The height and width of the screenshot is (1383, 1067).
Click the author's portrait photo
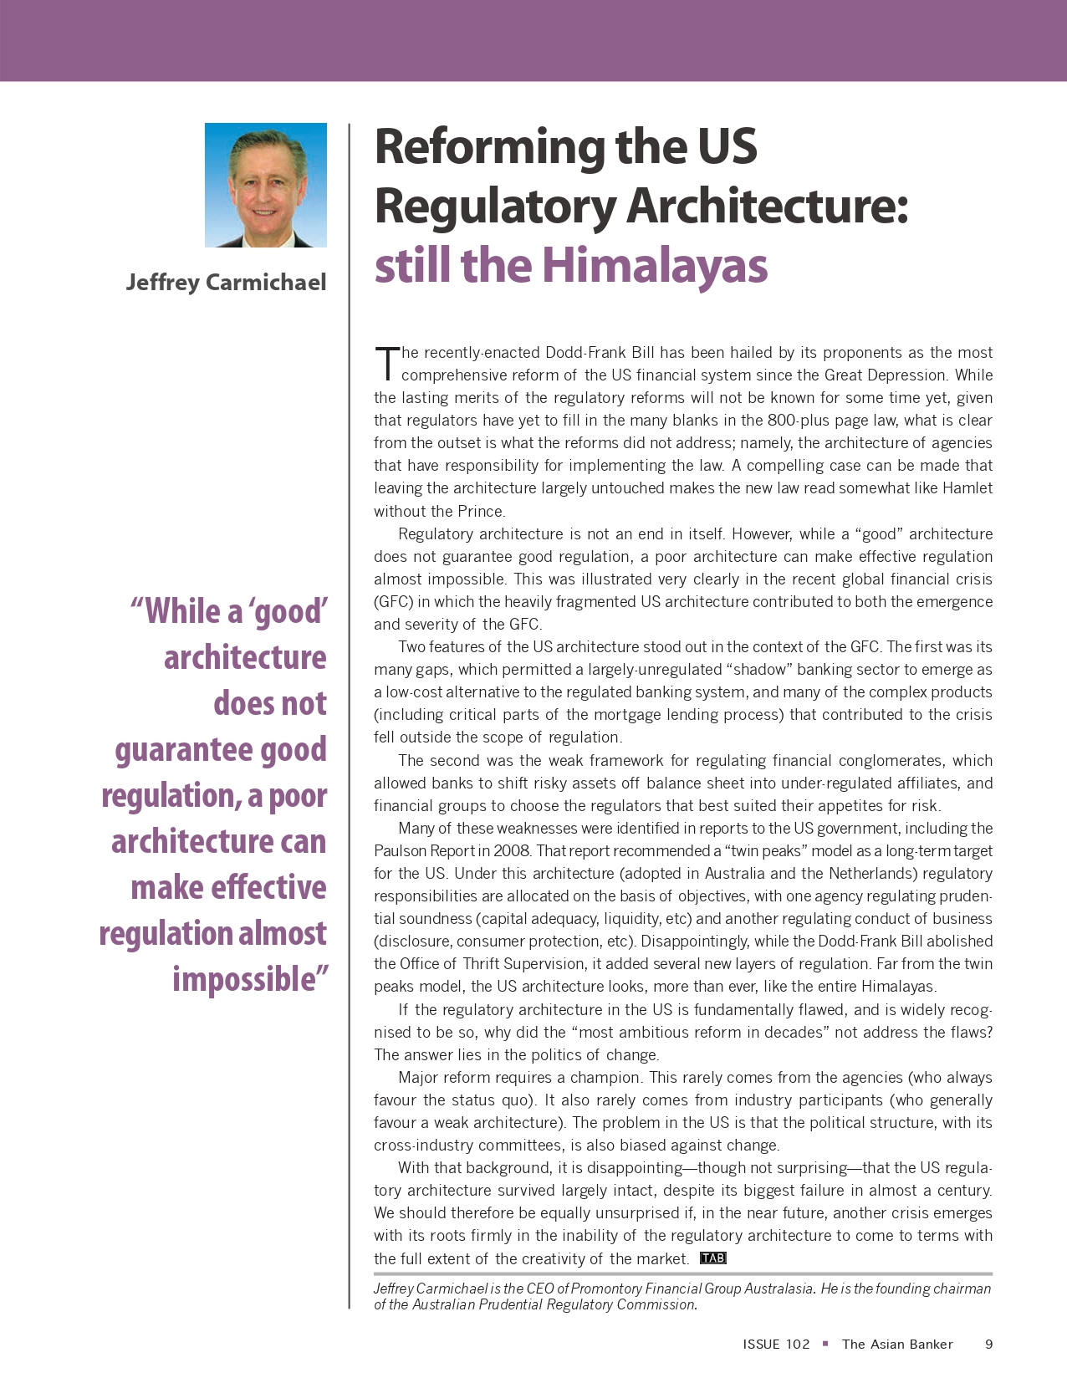click(266, 185)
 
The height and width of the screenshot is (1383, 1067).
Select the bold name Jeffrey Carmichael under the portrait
click(226, 283)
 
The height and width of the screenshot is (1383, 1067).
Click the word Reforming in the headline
click(489, 147)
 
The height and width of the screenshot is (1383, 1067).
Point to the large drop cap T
click(385, 363)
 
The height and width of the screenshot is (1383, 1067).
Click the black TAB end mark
click(712, 1258)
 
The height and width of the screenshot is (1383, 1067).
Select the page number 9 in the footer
click(988, 1344)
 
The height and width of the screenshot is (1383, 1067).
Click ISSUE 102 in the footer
click(776, 1344)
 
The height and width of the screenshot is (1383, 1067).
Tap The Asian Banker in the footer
click(897, 1344)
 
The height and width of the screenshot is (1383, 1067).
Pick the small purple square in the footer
click(825, 1343)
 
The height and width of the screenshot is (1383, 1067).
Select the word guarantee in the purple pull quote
click(183, 750)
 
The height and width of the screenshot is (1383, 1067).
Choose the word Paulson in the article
click(400, 851)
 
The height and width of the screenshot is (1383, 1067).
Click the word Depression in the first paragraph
click(907, 375)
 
